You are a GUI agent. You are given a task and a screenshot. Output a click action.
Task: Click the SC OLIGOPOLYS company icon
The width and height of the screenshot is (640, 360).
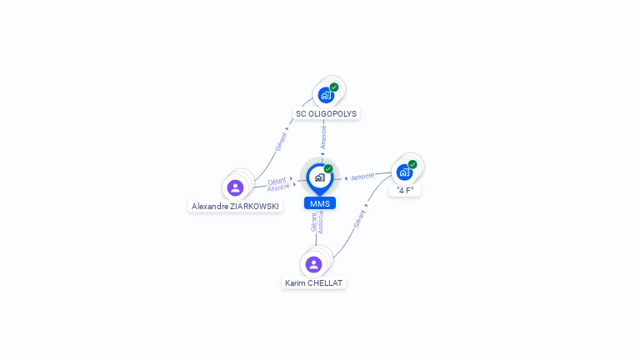pos(326,95)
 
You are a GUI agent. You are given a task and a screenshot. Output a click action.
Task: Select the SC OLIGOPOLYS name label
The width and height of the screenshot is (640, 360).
pos(327,113)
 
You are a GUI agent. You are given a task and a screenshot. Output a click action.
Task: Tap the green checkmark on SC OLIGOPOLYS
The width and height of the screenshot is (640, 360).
pos(334,87)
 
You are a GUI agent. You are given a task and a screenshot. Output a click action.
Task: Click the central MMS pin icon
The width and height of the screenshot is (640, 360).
pos(319,177)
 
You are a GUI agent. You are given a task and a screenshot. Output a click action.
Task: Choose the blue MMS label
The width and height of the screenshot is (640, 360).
pos(319,203)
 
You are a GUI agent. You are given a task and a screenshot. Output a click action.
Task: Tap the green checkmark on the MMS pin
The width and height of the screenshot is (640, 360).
pos(328,168)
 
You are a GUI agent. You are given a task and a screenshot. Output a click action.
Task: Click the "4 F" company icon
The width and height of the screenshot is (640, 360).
pos(404,172)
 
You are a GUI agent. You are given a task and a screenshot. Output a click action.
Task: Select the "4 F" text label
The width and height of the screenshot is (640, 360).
pos(405,190)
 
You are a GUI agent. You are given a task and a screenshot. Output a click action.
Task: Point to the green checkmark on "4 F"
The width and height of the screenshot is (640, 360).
pos(412,164)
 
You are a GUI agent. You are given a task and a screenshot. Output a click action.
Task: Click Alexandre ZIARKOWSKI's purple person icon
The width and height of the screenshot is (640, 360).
pos(235,187)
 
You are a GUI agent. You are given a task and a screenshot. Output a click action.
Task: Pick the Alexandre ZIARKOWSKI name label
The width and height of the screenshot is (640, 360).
pos(236,206)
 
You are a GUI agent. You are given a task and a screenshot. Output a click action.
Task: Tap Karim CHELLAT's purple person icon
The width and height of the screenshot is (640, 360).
pos(313,264)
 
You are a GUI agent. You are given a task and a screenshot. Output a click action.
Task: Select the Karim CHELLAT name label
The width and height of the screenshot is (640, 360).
pos(313,283)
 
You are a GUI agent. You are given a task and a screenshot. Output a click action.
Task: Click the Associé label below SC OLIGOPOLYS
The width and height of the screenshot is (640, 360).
pos(323,137)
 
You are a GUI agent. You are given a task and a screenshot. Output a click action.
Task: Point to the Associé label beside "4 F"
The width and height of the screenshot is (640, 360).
pos(362,177)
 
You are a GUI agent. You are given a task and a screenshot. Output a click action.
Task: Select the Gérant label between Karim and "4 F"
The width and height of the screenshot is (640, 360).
pos(359,218)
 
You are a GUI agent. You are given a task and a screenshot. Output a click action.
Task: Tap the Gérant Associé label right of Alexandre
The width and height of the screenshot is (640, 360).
pos(278,184)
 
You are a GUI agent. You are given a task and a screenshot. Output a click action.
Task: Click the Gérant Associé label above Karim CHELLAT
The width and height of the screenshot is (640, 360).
pos(317,222)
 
